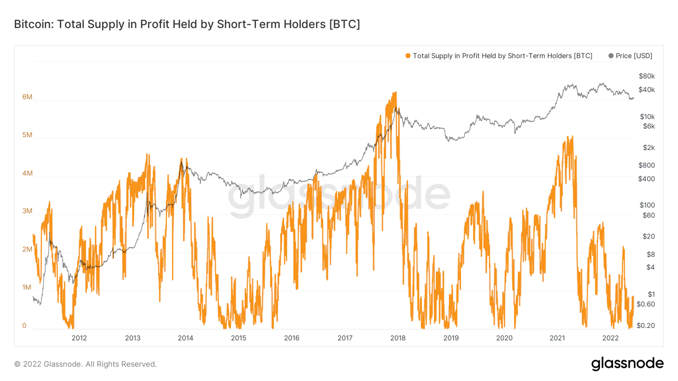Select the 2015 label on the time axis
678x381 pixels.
click(238, 337)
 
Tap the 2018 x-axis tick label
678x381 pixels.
click(398, 337)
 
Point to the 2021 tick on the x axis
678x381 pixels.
click(557, 337)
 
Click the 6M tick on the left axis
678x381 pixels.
click(27, 97)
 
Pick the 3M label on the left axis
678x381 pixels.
click(27, 211)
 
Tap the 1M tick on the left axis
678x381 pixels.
click(27, 287)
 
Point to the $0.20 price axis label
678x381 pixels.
click(645, 326)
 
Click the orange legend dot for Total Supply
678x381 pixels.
click(408, 56)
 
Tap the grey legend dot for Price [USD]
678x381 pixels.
click(611, 56)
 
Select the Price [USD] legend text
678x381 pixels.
click(634, 56)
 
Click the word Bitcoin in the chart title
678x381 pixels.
click(31, 25)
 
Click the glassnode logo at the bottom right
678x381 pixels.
click(627, 363)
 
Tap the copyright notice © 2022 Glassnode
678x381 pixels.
click(86, 364)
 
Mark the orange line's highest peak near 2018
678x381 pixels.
click(395, 92)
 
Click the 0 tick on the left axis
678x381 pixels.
click(24, 326)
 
